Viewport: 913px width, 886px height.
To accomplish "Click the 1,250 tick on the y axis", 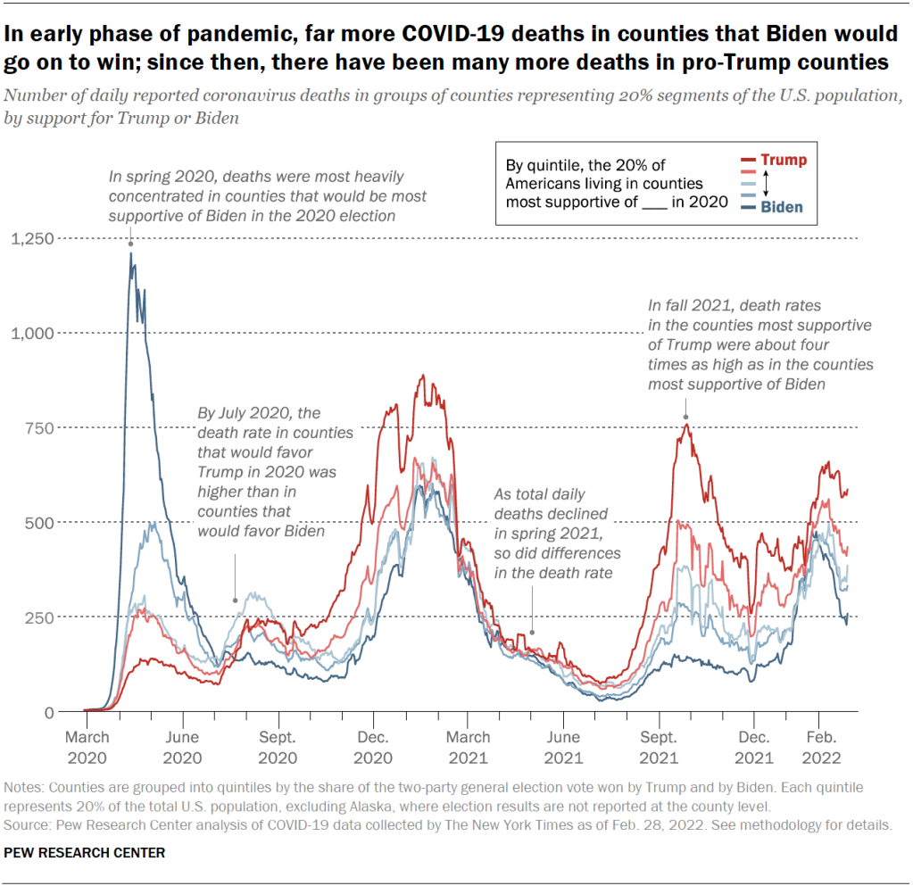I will pyautogui.click(x=32, y=238).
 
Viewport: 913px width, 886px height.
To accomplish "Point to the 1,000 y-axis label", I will pyautogui.click(x=32, y=333).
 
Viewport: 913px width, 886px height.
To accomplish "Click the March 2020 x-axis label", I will pyautogui.click(x=87, y=747).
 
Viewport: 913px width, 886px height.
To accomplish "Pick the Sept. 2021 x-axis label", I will pyautogui.click(x=659, y=747).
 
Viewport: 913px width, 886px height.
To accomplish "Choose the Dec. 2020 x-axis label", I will pyautogui.click(x=373, y=747).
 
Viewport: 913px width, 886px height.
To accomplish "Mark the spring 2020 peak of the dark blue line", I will pyautogui.click(x=130, y=253).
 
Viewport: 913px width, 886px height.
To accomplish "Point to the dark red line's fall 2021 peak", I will pyautogui.click(x=685, y=424).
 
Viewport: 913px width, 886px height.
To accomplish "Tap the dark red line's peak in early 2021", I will pyautogui.click(x=422, y=377).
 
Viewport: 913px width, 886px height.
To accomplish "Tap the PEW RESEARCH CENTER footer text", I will pyautogui.click(x=85, y=853).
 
